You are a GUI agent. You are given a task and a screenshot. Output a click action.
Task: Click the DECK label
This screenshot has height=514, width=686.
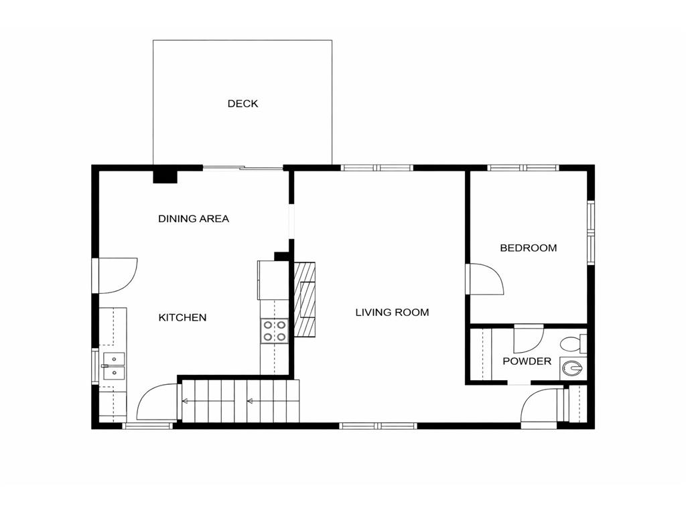(x=243, y=104)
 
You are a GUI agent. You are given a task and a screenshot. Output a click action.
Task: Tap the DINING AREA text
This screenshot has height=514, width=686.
(x=194, y=219)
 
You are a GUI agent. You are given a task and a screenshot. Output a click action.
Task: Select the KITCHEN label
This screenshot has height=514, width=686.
(x=182, y=318)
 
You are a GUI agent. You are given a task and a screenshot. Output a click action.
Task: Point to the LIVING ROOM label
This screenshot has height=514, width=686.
(x=392, y=313)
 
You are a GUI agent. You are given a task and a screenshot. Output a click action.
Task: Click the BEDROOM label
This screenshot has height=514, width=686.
(x=529, y=248)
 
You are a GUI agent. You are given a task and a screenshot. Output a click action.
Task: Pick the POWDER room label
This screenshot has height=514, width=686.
(x=527, y=361)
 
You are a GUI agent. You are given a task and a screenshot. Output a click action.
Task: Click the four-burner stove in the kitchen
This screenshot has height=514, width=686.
(x=274, y=331)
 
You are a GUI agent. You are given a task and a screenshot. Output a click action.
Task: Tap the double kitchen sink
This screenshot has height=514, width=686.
(x=113, y=365)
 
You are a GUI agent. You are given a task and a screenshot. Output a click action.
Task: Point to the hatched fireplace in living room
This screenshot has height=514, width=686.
(x=305, y=298)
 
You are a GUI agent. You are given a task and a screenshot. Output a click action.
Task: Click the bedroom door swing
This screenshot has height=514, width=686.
(x=484, y=278)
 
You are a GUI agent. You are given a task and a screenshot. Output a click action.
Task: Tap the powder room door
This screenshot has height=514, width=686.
(x=528, y=338)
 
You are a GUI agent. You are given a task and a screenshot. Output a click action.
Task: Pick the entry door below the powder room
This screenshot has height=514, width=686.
(x=539, y=408)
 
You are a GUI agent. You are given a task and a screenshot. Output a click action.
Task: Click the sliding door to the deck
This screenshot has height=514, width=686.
(x=243, y=168)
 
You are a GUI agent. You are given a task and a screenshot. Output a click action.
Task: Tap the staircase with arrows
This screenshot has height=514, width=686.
(x=239, y=402)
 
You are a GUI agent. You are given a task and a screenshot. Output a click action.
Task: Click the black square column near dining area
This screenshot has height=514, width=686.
(x=165, y=175)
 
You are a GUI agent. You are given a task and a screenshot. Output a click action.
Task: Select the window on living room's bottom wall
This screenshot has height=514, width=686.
(x=378, y=426)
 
